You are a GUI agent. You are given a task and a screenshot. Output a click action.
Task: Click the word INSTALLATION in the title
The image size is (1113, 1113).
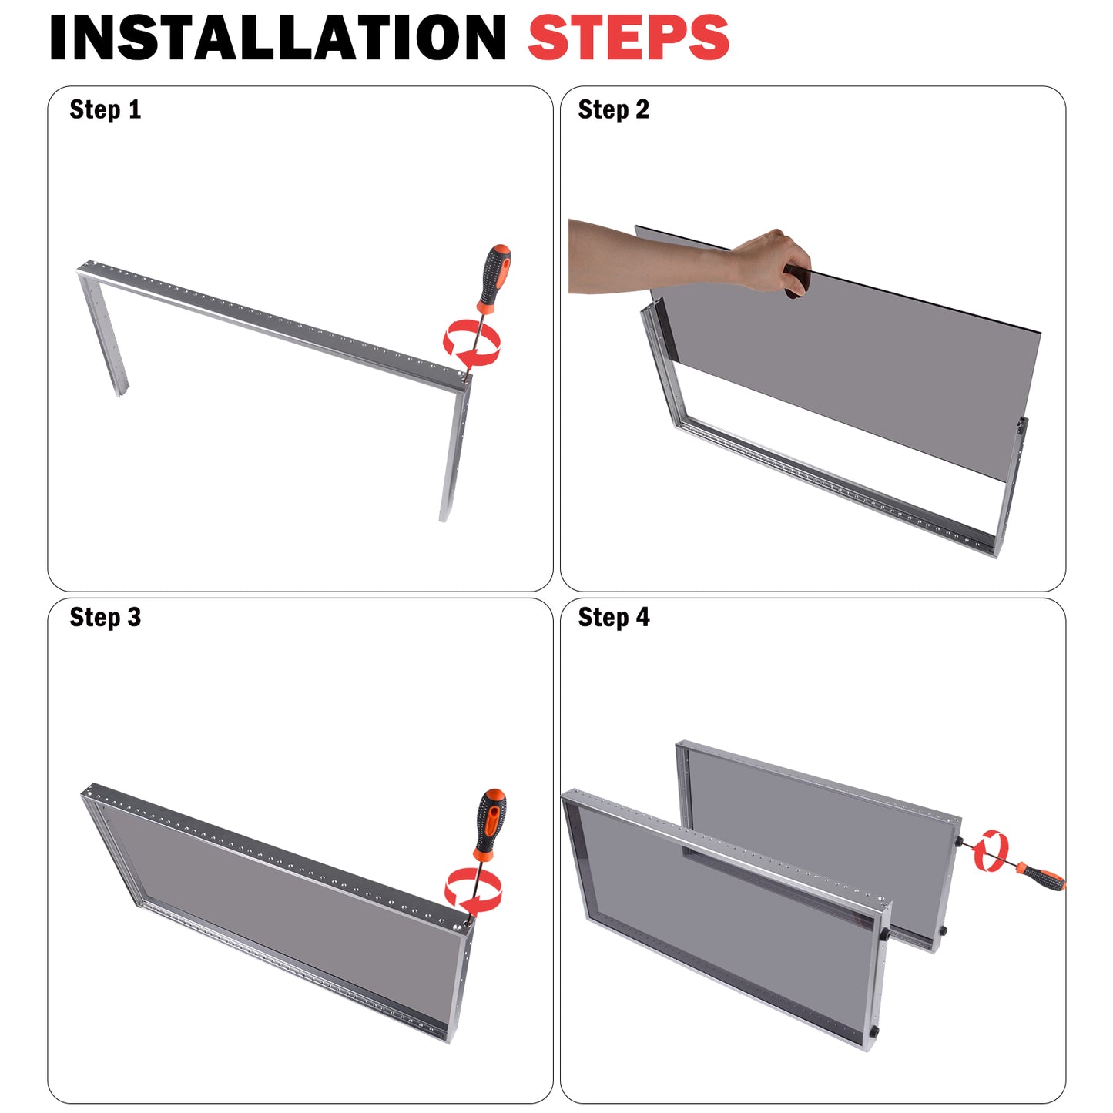click(x=277, y=38)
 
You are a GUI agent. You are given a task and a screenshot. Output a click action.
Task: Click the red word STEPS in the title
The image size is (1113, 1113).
click(x=629, y=38)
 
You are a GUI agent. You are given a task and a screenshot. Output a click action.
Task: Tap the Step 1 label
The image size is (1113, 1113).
click(x=105, y=109)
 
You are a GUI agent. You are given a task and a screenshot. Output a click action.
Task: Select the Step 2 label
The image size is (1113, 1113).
click(x=613, y=109)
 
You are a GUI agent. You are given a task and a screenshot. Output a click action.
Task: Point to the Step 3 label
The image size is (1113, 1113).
click(x=105, y=618)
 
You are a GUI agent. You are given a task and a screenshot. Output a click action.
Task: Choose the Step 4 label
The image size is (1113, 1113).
click(x=613, y=618)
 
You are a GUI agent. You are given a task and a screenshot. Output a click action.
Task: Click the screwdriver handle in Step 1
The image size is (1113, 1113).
click(x=494, y=278)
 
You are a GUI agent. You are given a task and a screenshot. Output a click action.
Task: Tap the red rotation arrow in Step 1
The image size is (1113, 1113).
click(x=471, y=343)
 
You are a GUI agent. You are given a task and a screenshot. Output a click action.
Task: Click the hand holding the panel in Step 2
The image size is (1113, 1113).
click(x=771, y=263)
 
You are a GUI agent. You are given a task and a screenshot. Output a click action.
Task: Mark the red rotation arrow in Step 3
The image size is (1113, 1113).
click(x=473, y=890)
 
